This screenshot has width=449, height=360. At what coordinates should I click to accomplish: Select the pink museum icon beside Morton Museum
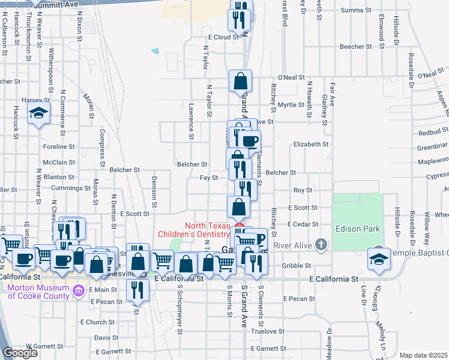click(78, 292)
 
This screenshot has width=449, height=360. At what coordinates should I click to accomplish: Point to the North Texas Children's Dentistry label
click(194, 229)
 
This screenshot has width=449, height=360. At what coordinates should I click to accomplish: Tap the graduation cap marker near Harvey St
click(38, 113)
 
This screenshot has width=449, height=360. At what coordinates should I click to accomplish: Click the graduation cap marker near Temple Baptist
click(378, 259)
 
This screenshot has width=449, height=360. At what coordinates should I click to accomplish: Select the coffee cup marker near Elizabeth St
click(249, 142)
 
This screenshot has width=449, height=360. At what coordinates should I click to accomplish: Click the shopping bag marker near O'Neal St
click(240, 81)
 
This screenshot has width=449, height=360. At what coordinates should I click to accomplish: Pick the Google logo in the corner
click(20, 353)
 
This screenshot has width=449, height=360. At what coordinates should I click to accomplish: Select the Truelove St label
click(267, 331)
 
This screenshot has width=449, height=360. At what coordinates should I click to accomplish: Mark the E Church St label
click(92, 322)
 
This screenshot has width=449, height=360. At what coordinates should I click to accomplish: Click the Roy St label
click(303, 190)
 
